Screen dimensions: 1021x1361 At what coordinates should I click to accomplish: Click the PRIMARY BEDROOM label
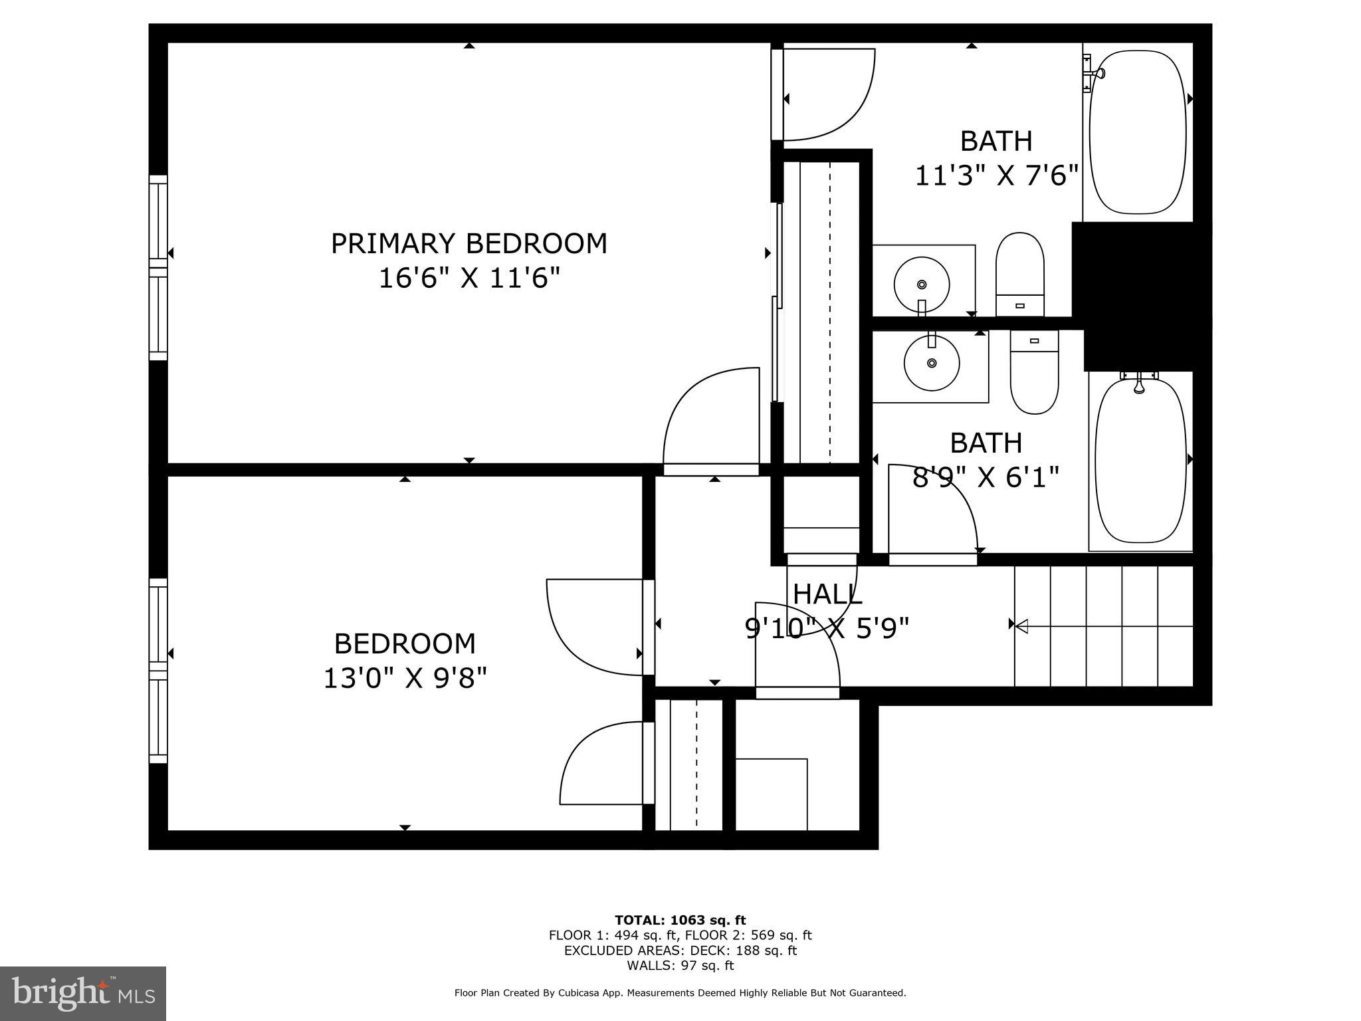point(469,243)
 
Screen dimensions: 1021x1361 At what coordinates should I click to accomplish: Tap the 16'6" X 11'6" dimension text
point(469,278)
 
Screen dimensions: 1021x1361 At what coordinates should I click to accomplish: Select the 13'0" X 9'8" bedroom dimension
point(405,679)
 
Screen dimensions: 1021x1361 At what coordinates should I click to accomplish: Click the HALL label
point(827,594)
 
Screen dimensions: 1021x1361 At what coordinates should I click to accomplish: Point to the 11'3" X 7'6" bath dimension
point(995,176)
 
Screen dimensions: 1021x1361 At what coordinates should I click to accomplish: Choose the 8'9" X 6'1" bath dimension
point(985,477)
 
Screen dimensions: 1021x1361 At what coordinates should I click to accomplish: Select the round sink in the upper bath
point(921,284)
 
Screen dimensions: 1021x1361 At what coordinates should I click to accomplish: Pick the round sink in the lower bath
point(932,363)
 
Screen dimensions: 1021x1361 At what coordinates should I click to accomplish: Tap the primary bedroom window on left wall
point(157,267)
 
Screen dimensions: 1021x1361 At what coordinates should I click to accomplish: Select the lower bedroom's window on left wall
point(157,670)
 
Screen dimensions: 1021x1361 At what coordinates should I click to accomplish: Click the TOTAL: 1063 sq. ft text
point(680,920)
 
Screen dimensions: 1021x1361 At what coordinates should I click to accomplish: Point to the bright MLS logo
point(82,993)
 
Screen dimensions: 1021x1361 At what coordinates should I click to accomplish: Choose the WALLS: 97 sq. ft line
point(680,965)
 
